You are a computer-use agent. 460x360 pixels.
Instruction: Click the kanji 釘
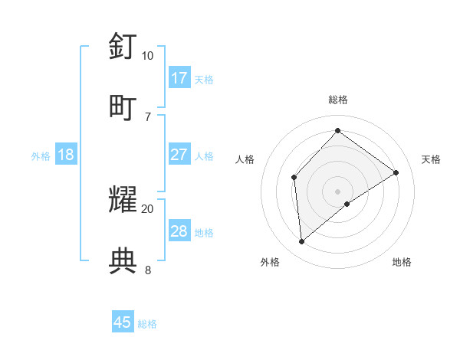[123, 46]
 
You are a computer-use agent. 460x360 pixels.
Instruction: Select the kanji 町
[123, 106]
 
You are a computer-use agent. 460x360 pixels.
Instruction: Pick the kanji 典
[123, 259]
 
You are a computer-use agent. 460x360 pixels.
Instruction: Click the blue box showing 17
[179, 78]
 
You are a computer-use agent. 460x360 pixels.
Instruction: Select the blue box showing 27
[179, 155]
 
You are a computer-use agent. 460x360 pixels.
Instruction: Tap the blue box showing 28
[179, 231]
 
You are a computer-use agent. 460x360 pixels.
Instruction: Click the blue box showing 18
[66, 155]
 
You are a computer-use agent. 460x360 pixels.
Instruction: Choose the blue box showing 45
[123, 322]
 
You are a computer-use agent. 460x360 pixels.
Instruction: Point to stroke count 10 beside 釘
[147, 56]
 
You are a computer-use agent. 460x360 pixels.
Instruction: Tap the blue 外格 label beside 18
[41, 155]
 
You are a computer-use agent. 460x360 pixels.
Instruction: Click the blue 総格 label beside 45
[147, 323]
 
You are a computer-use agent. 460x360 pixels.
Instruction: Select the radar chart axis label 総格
[337, 100]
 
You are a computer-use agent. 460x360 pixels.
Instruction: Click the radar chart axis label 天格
[431, 159]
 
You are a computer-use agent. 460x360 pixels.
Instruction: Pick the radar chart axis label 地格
[402, 262]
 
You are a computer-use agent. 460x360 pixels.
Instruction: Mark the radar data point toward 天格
[396, 172]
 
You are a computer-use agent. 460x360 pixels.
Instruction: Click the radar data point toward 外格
[302, 242]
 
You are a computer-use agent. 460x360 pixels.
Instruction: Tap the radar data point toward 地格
[347, 204]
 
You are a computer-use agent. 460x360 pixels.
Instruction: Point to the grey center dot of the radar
[337, 191]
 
